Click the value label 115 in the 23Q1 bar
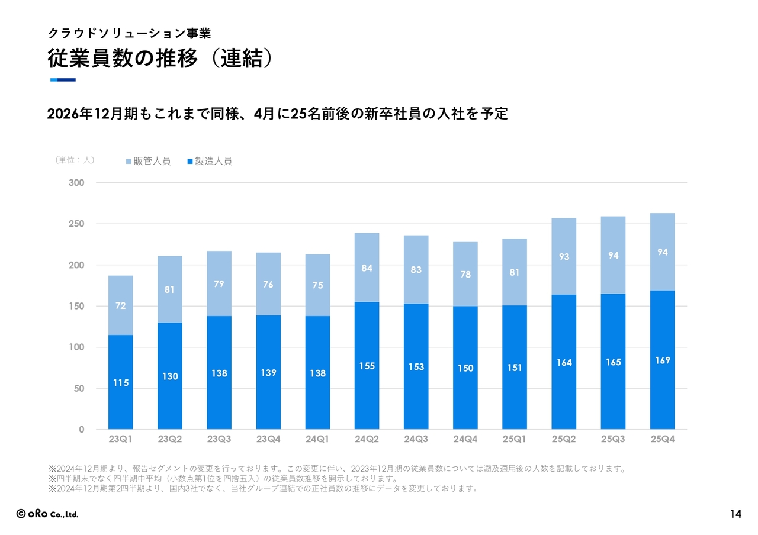click(121, 383)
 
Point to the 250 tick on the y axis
click(76, 224)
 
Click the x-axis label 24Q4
click(465, 439)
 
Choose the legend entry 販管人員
click(148, 161)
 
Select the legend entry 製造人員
click(210, 161)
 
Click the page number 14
click(735, 514)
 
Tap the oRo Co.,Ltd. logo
click(47, 514)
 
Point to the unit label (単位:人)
click(75, 160)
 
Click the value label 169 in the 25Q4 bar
click(663, 360)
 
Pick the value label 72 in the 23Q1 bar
click(121, 306)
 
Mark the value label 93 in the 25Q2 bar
click(564, 257)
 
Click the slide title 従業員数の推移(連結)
click(160, 59)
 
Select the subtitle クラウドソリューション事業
click(129, 33)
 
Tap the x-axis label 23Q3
click(219, 439)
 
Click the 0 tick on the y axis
click(81, 430)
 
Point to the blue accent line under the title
click(63, 80)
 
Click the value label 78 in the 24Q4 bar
click(465, 275)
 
